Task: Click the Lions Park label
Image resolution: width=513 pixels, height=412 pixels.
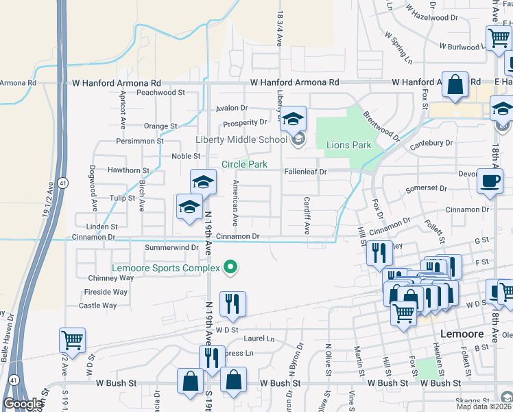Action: click(x=348, y=145)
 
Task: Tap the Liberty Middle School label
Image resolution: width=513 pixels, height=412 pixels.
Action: click(x=241, y=140)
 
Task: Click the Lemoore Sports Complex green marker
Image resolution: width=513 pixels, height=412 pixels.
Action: click(x=231, y=267)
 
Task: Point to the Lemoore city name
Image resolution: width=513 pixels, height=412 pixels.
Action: click(x=460, y=334)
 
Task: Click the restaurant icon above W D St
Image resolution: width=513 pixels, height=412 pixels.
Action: click(x=232, y=305)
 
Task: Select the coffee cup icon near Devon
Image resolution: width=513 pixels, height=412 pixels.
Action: click(x=490, y=182)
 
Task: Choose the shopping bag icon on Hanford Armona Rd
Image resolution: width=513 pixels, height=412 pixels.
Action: click(x=455, y=86)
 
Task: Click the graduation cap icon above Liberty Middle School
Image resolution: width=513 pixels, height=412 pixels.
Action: click(x=293, y=120)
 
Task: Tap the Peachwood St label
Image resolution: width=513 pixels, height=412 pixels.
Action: click(x=161, y=92)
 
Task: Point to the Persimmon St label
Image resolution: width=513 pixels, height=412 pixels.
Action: click(x=140, y=141)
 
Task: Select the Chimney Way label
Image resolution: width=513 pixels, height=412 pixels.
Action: click(x=111, y=278)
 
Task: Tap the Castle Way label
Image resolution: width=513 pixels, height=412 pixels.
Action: click(x=98, y=306)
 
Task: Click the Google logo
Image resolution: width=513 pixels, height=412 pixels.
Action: click(x=23, y=404)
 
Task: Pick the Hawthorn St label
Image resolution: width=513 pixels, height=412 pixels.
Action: click(x=128, y=170)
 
